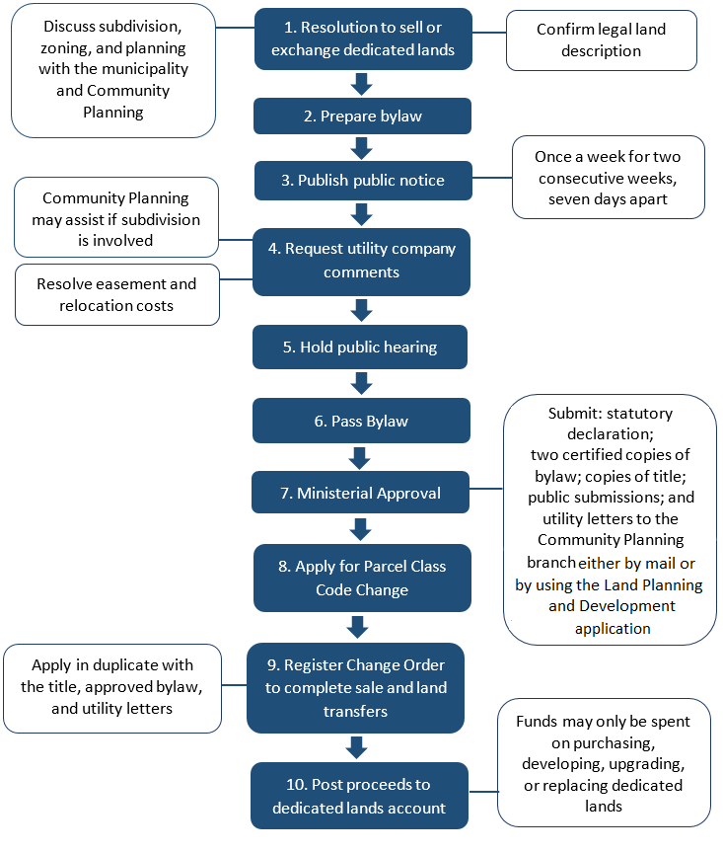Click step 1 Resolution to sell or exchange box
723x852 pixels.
pos(362,39)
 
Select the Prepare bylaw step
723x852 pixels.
pos(362,116)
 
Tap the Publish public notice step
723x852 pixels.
pos(362,181)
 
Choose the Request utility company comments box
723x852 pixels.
pos(362,261)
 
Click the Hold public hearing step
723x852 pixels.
pos(360,348)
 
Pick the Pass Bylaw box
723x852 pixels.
pos(360,422)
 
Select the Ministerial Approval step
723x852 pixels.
pos(360,493)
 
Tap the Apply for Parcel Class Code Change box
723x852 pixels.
pos(361,578)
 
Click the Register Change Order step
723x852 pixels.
pos(355,687)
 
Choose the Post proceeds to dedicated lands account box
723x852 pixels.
pos(359,796)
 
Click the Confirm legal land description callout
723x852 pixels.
pos(601,40)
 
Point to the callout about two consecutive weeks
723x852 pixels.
pos(608,178)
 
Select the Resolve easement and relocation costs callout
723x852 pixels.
pos(116,294)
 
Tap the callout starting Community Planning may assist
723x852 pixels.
pos(115,219)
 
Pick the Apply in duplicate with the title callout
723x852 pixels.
pos(112,687)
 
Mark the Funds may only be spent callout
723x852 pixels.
pos(603,764)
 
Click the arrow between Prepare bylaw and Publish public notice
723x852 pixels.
pos(361,148)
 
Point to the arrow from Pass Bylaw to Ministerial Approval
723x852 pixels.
pos(360,457)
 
